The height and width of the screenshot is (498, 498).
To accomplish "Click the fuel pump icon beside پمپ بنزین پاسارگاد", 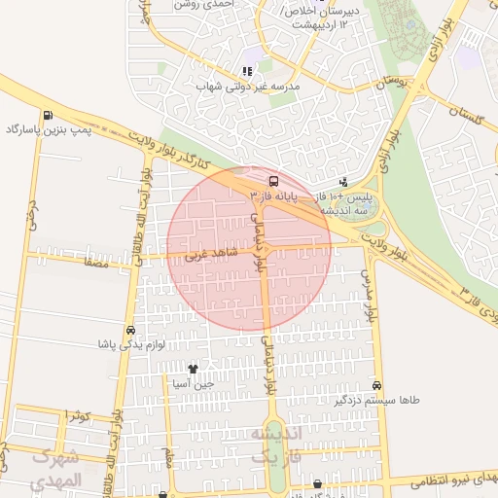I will pyautogui.click(x=12, y=128).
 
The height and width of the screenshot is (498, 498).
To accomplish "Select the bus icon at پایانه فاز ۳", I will pyautogui.click(x=272, y=181).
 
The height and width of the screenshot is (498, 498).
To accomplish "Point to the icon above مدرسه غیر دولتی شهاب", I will pyautogui.click(x=247, y=71).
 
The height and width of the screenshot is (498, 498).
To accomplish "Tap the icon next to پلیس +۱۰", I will pyautogui.click(x=343, y=182).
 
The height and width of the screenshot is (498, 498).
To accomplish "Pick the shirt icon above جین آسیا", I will pyautogui.click(x=193, y=369).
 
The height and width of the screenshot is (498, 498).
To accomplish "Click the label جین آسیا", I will pyautogui.click(x=193, y=383).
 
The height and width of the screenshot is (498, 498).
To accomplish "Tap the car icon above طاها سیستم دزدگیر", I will pyautogui.click(x=376, y=385).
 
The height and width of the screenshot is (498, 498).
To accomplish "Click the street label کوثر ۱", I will pyautogui.click(x=79, y=415).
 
